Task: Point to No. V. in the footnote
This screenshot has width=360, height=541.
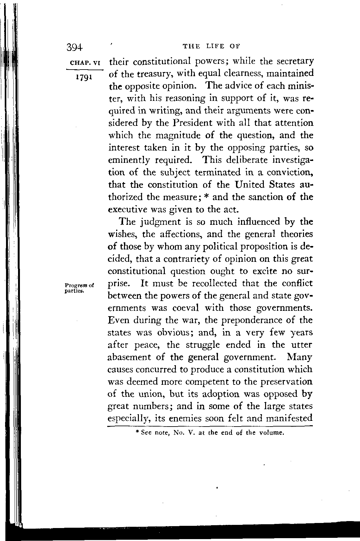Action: (184, 433)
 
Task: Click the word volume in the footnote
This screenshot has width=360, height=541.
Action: (271, 433)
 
